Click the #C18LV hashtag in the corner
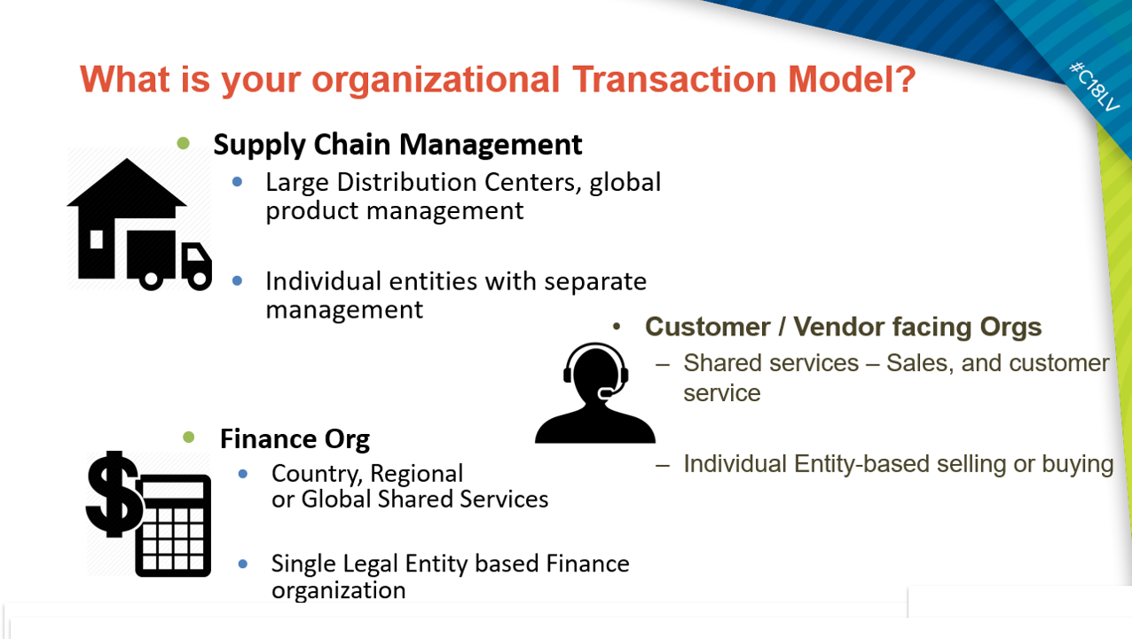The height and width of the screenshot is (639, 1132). click(1095, 86)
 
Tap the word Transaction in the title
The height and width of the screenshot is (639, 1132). click(675, 79)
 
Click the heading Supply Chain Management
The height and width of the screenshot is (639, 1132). click(397, 145)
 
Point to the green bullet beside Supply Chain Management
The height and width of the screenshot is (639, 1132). click(183, 143)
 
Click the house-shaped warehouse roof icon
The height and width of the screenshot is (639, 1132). click(126, 187)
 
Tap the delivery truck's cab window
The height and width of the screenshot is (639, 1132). click(194, 254)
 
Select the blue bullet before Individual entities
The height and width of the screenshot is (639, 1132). click(237, 280)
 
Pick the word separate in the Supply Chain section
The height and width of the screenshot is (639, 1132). click(594, 282)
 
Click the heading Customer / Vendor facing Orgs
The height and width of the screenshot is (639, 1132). click(844, 327)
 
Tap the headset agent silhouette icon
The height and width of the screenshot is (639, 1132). click(594, 393)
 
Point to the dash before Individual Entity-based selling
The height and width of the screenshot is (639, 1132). click(663, 464)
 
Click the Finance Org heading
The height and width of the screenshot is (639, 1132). click(295, 438)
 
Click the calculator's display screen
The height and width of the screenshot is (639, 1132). click(174, 490)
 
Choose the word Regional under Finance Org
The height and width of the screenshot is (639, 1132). click(416, 474)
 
